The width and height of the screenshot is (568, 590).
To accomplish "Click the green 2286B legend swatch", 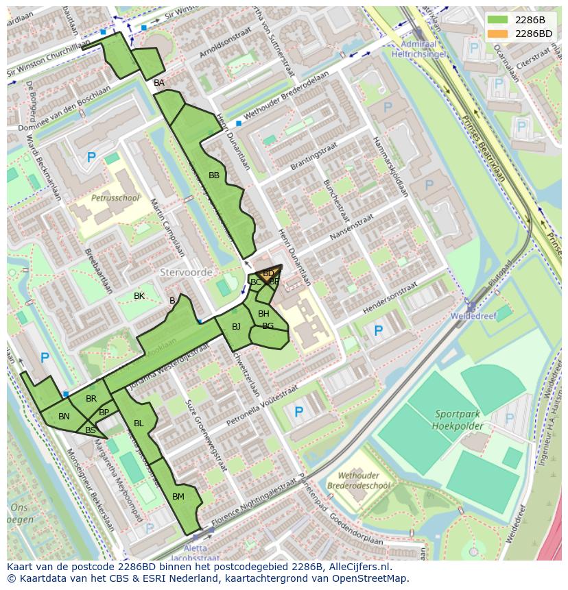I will (499, 20).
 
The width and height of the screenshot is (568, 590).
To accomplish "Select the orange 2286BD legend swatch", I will (499, 34).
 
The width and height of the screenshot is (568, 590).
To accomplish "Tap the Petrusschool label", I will (115, 198).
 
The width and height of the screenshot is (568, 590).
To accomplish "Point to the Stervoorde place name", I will (186, 272).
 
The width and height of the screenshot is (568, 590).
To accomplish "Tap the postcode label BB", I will (214, 175).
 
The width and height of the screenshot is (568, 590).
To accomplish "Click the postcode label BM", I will (178, 497).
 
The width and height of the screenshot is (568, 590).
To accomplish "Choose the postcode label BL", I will (139, 423).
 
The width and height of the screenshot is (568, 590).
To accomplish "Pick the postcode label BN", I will (64, 417).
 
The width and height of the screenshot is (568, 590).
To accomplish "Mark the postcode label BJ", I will (236, 327).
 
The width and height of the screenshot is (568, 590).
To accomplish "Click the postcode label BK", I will (139, 296).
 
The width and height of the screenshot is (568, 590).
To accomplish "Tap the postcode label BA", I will (159, 83).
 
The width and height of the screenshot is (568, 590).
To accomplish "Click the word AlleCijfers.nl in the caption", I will (356, 567).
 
